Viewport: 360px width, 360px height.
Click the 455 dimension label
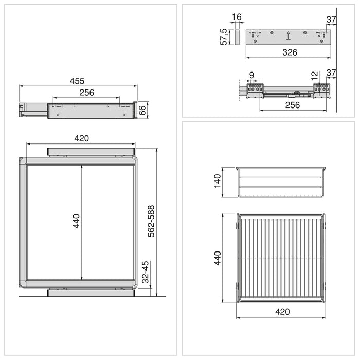pos(77,81)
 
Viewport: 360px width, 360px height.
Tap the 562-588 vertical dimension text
pos(151,222)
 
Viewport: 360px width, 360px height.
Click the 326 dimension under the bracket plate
pos(287,52)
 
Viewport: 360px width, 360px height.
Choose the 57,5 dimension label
pos(224,37)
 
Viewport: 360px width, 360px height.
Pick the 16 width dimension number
pos(237,17)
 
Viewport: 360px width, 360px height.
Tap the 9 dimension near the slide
pos(251,76)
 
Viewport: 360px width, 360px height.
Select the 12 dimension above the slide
pos(315,76)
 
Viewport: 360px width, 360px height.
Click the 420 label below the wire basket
pos(282,311)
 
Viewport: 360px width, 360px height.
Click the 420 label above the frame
pos(82,138)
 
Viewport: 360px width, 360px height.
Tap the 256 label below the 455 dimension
pos(86,93)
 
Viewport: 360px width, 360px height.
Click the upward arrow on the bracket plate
pos(289,35)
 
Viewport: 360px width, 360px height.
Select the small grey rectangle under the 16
pos(237,37)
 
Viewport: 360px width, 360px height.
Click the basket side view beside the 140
pos(282,182)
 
